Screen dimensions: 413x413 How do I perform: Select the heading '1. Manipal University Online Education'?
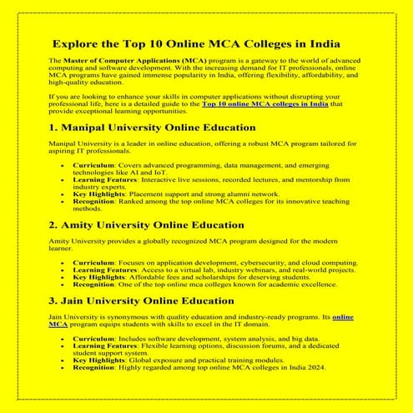(152, 128)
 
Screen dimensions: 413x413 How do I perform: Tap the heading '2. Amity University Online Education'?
(146, 224)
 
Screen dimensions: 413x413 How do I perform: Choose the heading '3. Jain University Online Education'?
(142, 301)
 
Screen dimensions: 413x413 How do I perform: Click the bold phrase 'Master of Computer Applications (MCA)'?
(122, 62)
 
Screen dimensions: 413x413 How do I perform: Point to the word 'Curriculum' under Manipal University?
(93, 165)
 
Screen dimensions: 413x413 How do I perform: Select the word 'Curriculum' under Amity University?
(93, 262)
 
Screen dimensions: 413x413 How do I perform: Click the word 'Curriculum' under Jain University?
(93, 339)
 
